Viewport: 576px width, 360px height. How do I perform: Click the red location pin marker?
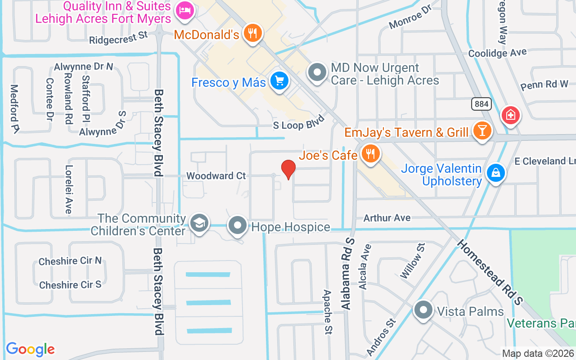[288, 169]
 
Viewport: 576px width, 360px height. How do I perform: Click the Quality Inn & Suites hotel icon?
[184, 11]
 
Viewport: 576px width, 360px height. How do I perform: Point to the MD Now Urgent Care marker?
[318, 72]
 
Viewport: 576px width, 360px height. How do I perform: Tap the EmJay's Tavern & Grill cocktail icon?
[482, 131]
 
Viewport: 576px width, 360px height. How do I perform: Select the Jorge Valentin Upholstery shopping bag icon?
[495, 173]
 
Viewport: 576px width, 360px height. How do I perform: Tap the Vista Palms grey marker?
[423, 310]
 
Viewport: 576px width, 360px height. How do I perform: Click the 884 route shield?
[481, 104]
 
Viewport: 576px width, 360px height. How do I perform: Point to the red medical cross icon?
[510, 115]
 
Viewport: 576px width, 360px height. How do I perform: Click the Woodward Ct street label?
[216, 175]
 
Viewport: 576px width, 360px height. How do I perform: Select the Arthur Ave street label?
[387, 218]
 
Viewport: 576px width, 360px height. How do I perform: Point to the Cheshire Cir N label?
[70, 261]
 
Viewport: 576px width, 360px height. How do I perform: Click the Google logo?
[31, 349]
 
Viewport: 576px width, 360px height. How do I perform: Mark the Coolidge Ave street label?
[497, 53]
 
